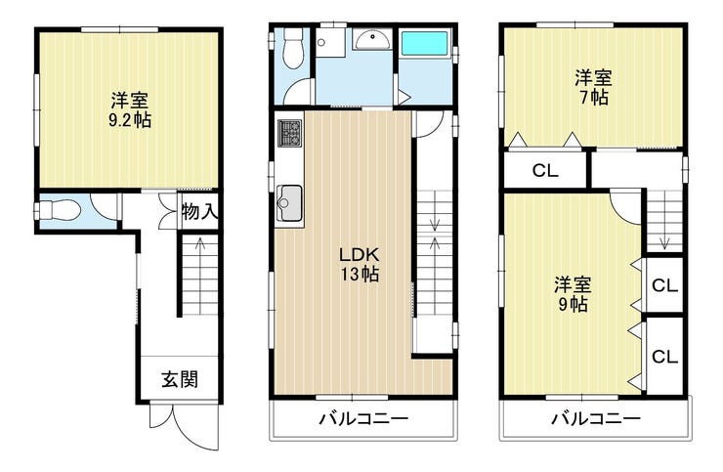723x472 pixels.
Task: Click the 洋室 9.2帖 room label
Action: coord(130,110)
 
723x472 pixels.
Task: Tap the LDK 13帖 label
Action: coord(360,264)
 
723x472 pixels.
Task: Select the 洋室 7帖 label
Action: coord(593,87)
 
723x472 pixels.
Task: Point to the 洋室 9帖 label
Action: coord(573,294)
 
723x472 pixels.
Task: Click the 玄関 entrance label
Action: coord(180,379)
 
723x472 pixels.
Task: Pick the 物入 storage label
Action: coord(198,212)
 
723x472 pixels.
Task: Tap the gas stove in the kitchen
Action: coord(289,133)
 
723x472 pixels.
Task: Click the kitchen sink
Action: coord(289,203)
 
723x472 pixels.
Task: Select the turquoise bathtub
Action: coord(424,43)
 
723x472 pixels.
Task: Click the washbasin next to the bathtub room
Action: coord(372,40)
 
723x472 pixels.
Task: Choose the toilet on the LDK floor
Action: coord(293,48)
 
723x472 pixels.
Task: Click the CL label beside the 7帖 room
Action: coord(545,171)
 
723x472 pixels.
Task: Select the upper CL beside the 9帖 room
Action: coord(664,285)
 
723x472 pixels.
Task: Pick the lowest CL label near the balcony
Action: coord(664,356)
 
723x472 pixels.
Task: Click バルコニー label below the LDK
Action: coord(364,419)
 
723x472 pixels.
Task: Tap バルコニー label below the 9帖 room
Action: coord(597,419)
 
